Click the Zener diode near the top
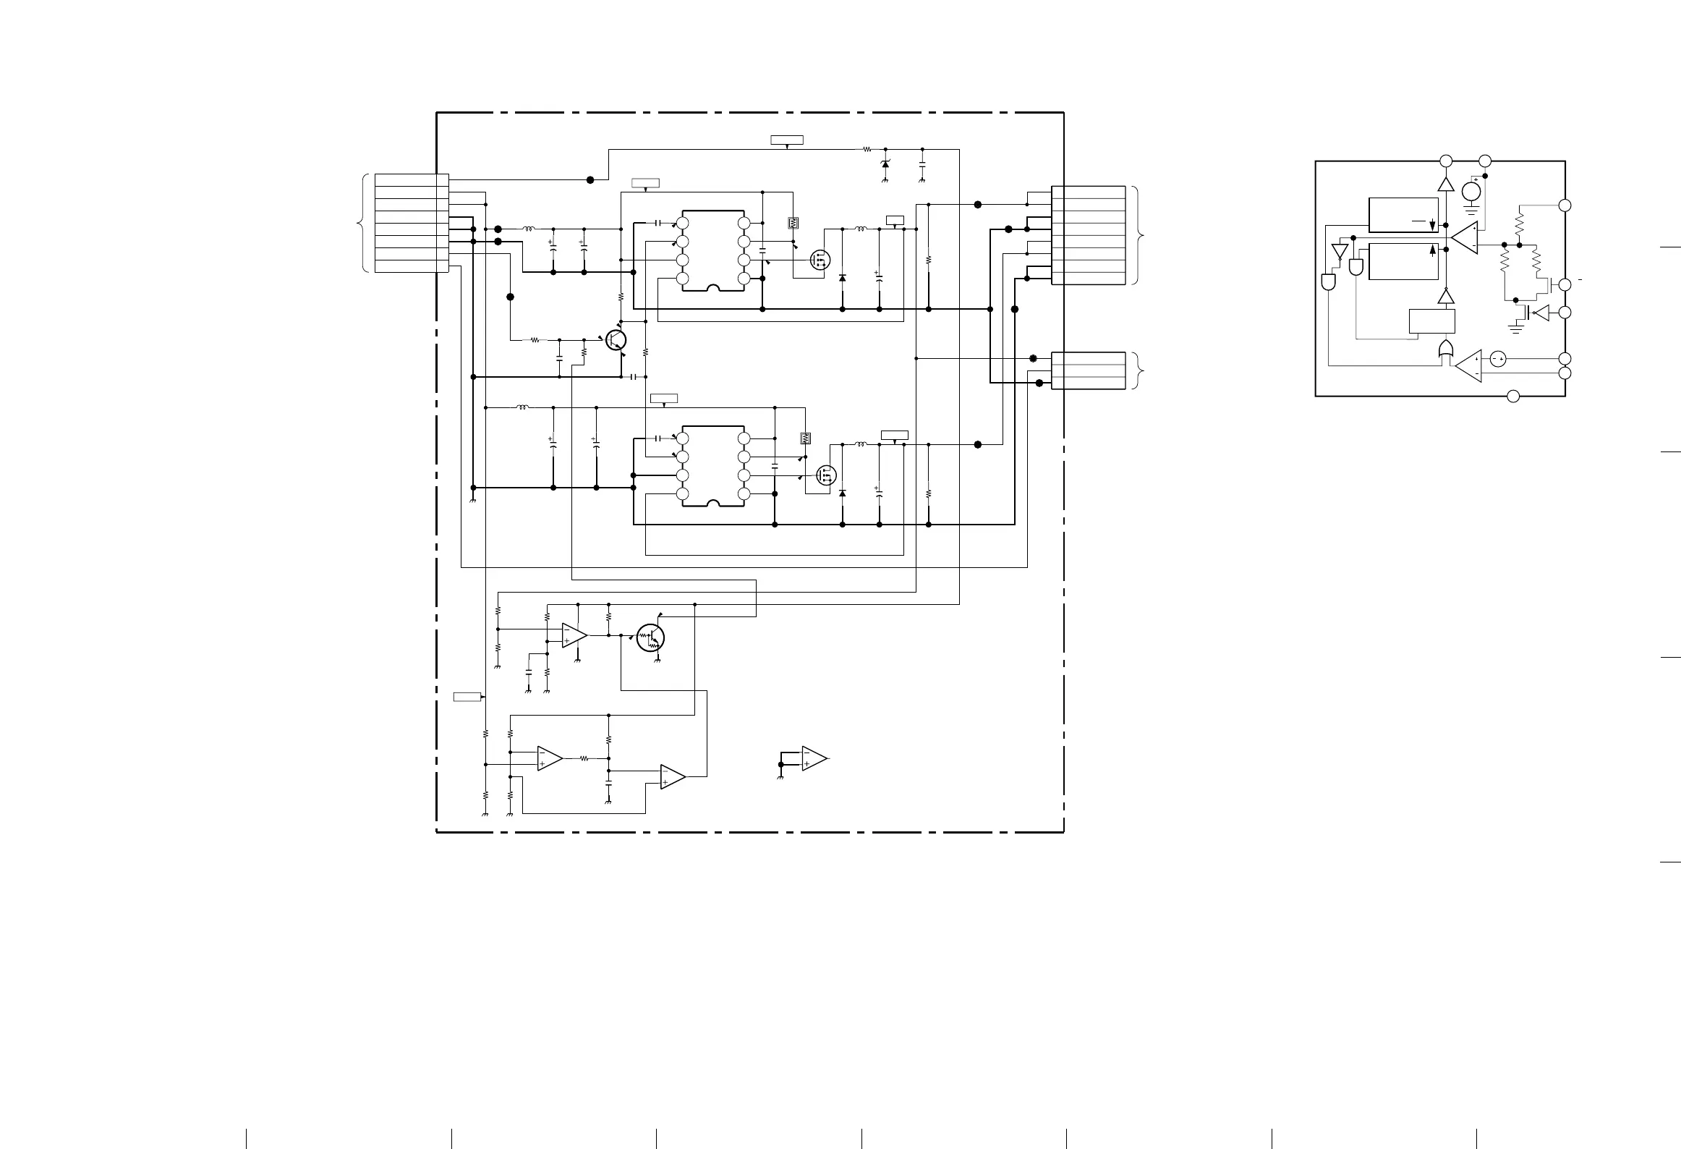(885, 165)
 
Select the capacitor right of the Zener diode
(922, 164)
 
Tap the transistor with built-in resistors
(650, 637)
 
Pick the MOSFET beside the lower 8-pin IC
(826, 475)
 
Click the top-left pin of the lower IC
(682, 438)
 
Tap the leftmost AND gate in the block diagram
(1329, 282)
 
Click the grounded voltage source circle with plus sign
(1471, 192)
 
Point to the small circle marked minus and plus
(1498, 359)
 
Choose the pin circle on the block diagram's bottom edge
(1512, 396)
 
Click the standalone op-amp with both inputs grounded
(814, 758)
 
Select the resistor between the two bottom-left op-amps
(584, 759)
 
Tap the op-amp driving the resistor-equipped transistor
(574, 636)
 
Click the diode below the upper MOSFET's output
(843, 279)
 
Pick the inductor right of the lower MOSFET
(861, 444)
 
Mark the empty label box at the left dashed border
(467, 697)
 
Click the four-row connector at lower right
(1088, 370)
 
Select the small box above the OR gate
(1432, 322)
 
